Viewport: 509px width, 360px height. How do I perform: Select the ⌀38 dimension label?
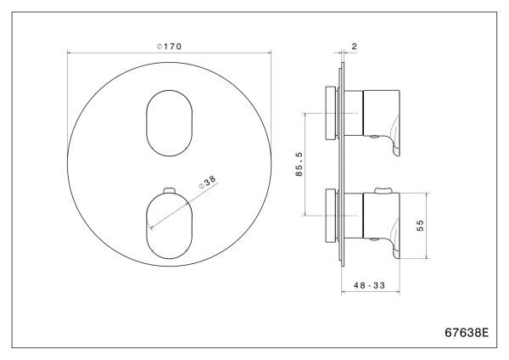click(208, 183)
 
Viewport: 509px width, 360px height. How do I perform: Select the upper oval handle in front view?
click(169, 122)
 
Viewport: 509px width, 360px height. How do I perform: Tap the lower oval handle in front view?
click(169, 223)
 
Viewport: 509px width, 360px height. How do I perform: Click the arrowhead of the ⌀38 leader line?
click(150, 227)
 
